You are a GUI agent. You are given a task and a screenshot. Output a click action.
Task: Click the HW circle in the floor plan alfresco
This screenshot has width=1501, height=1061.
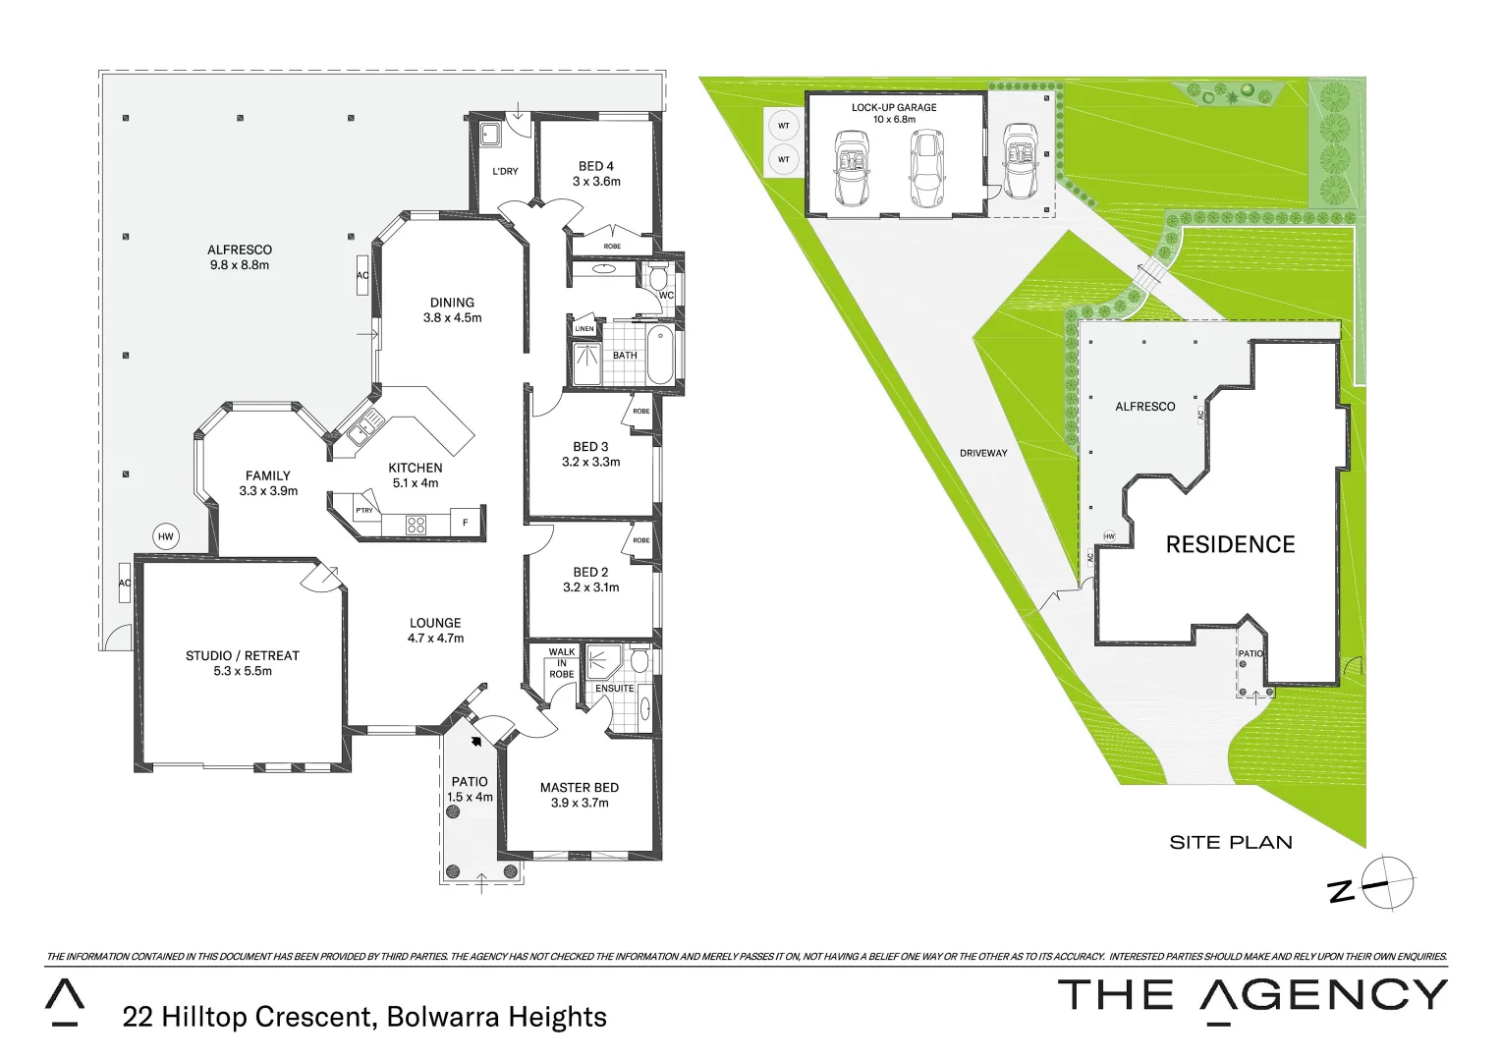(x=166, y=536)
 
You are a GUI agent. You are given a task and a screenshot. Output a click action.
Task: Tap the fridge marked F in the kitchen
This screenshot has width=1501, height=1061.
(x=466, y=523)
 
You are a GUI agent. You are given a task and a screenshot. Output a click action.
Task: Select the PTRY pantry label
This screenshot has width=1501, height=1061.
(x=363, y=511)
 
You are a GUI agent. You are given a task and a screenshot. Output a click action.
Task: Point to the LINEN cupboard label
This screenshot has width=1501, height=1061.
(x=584, y=329)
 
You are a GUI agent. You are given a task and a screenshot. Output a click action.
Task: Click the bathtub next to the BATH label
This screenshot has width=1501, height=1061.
(x=660, y=357)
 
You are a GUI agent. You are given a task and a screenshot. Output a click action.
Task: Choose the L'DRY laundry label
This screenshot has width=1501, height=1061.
(x=505, y=172)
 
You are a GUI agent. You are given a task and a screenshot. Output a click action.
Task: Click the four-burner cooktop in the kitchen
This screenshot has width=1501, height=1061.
(x=416, y=525)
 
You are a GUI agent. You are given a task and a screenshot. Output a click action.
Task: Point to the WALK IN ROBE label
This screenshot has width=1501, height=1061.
(x=562, y=663)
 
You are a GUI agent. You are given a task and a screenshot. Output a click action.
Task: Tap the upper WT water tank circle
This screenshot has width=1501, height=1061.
(x=783, y=126)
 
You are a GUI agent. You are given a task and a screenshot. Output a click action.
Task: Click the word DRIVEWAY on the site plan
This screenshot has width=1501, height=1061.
(x=983, y=453)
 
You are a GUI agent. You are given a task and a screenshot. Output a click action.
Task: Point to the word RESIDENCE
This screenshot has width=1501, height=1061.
(x=1230, y=544)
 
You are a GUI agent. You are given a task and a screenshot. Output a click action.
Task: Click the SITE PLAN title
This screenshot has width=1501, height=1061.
(x=1231, y=842)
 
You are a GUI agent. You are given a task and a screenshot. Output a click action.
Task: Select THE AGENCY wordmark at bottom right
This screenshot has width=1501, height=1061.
(x=1251, y=996)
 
